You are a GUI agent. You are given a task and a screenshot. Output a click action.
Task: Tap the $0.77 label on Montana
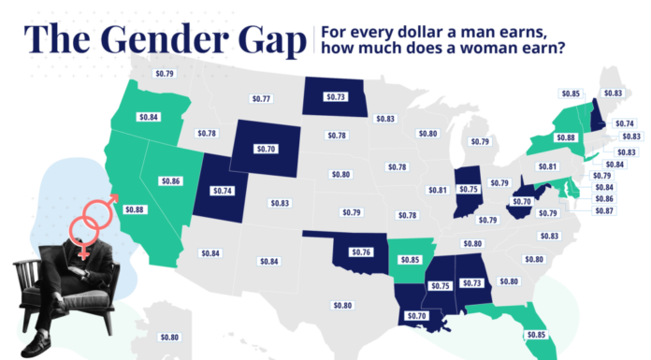tap(261, 98)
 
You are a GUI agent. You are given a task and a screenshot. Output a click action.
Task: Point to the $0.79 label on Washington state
tap(165, 71)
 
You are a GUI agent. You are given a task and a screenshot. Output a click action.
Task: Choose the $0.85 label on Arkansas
tap(408, 258)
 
